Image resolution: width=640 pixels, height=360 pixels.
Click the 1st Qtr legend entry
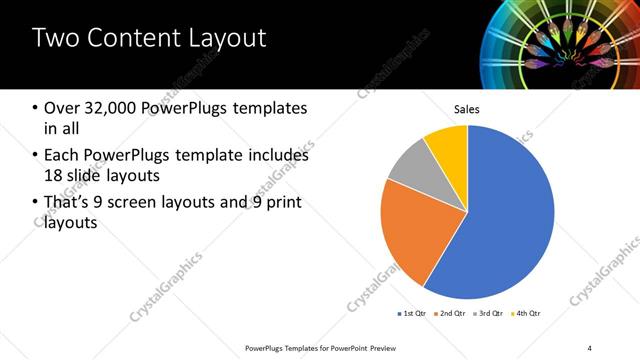pos(412,314)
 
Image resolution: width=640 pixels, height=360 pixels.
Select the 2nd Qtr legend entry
pos(451,314)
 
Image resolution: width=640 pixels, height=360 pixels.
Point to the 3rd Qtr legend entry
pos(489,314)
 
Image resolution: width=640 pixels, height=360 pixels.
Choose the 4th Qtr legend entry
pos(527,314)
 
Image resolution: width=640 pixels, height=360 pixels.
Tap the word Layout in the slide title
pos(224,39)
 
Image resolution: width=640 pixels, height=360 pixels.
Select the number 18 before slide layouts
pos(55,177)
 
